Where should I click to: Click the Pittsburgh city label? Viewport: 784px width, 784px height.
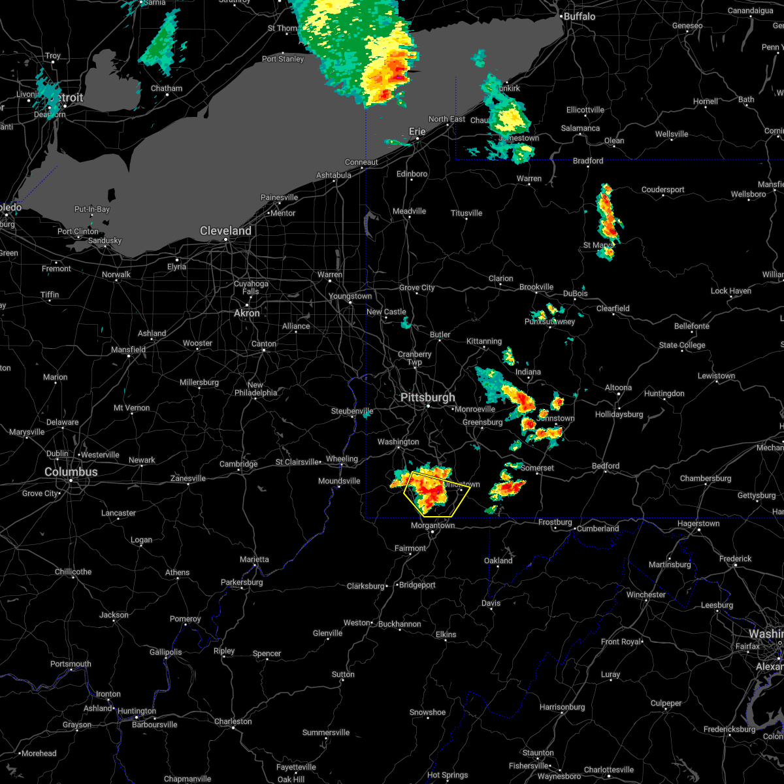click(428, 398)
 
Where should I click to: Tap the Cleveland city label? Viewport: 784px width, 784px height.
click(225, 231)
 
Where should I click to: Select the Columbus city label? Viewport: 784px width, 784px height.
click(71, 472)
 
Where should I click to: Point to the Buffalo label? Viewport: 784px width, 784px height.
click(579, 16)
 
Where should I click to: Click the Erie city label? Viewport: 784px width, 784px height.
click(417, 132)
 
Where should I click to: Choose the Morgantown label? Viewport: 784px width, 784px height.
click(433, 525)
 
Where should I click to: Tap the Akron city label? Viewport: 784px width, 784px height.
click(247, 314)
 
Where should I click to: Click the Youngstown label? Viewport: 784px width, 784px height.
click(350, 297)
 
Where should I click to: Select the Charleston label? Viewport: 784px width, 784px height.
click(233, 722)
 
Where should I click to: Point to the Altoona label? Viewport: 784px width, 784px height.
click(618, 388)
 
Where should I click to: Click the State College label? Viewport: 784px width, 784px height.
click(682, 346)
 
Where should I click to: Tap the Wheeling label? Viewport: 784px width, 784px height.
click(342, 459)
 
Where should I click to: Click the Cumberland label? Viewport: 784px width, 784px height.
click(597, 529)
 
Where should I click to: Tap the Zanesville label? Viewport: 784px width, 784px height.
click(188, 479)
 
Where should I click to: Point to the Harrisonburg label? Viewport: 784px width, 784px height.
click(565, 708)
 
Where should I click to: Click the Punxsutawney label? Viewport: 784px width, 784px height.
click(550, 322)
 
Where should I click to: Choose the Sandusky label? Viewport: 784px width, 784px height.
click(105, 241)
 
